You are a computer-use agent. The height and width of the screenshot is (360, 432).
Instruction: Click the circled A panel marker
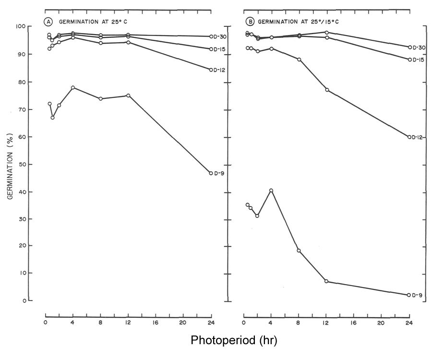48,21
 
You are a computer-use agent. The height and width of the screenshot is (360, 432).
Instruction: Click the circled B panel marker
250,21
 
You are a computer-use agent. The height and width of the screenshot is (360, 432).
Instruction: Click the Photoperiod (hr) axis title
234,341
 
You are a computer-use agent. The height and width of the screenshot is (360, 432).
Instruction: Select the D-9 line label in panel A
219,173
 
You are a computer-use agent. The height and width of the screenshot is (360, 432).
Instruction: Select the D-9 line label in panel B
418,295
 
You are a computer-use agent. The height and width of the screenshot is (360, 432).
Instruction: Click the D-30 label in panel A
220,36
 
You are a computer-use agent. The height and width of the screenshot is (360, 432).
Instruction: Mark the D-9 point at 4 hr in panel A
72,87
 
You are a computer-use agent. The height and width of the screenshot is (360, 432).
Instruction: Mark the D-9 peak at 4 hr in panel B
271,191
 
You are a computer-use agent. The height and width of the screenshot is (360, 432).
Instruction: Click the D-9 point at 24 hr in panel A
211,173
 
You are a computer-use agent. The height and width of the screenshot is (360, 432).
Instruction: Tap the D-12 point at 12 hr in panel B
327,90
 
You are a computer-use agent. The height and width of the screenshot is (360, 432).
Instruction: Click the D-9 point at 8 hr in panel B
299,251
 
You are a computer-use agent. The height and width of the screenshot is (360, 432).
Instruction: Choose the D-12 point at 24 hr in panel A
211,70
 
